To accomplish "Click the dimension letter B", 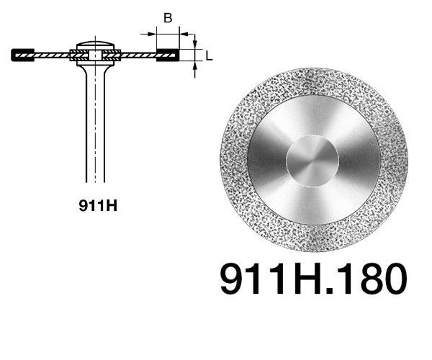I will coord(167,19).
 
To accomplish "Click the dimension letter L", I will coord(208,55).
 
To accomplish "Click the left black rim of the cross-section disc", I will coord(22,54).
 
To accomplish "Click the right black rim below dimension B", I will coord(167,54).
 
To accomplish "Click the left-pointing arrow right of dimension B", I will coord(183,32).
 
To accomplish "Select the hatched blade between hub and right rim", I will coord(137,54).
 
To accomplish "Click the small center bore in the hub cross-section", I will coord(95,53).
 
